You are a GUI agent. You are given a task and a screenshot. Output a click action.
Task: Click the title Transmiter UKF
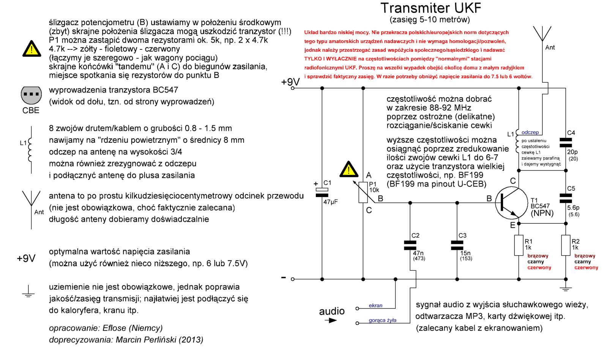(430, 8)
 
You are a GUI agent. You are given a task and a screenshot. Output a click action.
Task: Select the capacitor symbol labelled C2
(410, 245)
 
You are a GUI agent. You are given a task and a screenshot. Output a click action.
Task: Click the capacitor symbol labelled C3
(457, 245)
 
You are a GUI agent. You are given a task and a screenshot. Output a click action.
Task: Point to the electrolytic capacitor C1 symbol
(322, 193)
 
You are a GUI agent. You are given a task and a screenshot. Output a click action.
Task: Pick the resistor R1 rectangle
(519, 245)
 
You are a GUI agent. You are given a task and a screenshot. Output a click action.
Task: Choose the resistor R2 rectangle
(566, 245)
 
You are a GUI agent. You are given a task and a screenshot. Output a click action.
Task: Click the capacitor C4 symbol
(566, 142)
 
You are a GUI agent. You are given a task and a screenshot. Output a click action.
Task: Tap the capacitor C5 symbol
(566, 198)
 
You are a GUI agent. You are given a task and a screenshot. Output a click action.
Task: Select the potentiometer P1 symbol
(363, 192)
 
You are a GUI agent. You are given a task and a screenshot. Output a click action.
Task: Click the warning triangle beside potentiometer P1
(348, 169)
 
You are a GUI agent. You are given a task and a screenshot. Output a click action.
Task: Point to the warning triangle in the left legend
(32, 49)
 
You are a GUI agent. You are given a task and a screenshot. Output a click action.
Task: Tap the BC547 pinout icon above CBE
(31, 95)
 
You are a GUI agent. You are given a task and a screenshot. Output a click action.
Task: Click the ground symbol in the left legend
(28, 291)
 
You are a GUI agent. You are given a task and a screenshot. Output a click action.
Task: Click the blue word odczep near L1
(530, 133)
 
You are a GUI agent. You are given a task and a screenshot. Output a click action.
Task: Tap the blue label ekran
(375, 305)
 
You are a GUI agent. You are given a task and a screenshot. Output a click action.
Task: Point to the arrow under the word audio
(331, 321)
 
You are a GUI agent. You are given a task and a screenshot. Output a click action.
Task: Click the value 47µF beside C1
(330, 202)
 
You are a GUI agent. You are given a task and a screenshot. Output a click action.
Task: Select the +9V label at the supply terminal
(290, 82)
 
